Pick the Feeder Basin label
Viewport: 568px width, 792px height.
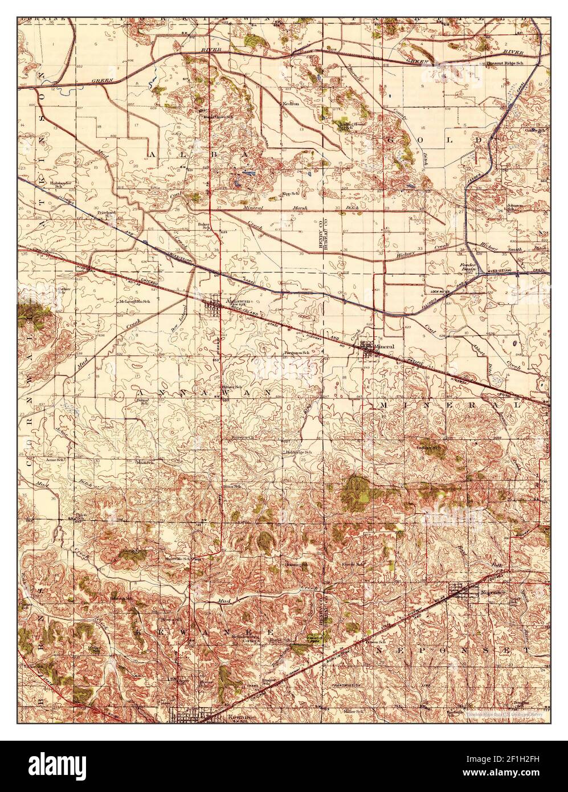[472, 268]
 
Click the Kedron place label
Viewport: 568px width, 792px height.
[291, 104]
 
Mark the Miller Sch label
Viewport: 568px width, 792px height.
[353, 712]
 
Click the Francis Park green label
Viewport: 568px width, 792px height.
[312, 639]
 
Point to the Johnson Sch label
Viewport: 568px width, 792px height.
[514, 207]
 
